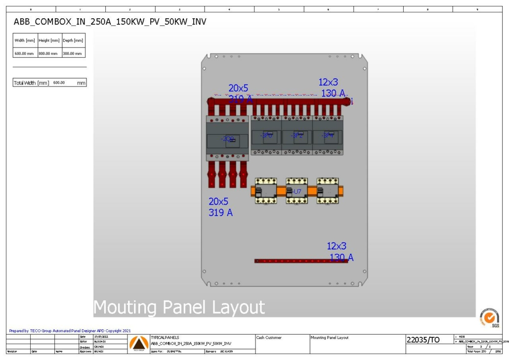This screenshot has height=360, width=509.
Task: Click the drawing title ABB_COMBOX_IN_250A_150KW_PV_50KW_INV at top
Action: pyautogui.click(x=110, y=22)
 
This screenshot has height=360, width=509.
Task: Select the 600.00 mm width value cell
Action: pyautogui.click(x=25, y=53)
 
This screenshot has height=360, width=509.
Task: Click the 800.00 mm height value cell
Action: pyautogui.click(x=49, y=53)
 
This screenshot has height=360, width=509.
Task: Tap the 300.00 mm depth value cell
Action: pyautogui.click(x=73, y=53)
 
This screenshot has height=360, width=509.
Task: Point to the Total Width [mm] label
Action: pyautogui.click(x=31, y=83)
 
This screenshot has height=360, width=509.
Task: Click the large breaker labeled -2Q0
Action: pyautogui.click(x=227, y=138)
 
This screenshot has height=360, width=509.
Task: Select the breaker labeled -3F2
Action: pyautogui.click(x=297, y=135)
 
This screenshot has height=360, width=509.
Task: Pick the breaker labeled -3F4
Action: pyautogui.click(x=328, y=135)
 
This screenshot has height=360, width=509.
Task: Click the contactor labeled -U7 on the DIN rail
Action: pyautogui.click(x=297, y=191)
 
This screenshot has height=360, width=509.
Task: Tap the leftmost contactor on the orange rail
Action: pyautogui.click(x=266, y=191)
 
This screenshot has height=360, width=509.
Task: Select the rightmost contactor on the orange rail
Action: pyautogui.click(x=328, y=191)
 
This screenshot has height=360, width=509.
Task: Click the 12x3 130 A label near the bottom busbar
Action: pyautogui.click(x=339, y=251)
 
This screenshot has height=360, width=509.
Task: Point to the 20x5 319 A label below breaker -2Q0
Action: pyautogui.click(x=220, y=207)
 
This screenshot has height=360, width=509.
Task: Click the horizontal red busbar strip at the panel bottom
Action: pyautogui.click(x=301, y=261)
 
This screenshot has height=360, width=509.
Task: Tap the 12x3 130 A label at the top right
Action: pyautogui.click(x=332, y=88)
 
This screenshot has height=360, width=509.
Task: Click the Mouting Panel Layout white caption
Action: pyautogui.click(x=179, y=307)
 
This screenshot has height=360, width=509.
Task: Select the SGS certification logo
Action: pyautogui.click(x=489, y=317)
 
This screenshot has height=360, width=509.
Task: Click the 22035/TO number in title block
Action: pyautogui.click(x=423, y=340)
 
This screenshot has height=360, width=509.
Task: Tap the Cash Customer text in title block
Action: pyautogui.click(x=269, y=338)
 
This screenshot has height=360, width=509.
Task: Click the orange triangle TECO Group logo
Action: pyautogui.click(x=139, y=343)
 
